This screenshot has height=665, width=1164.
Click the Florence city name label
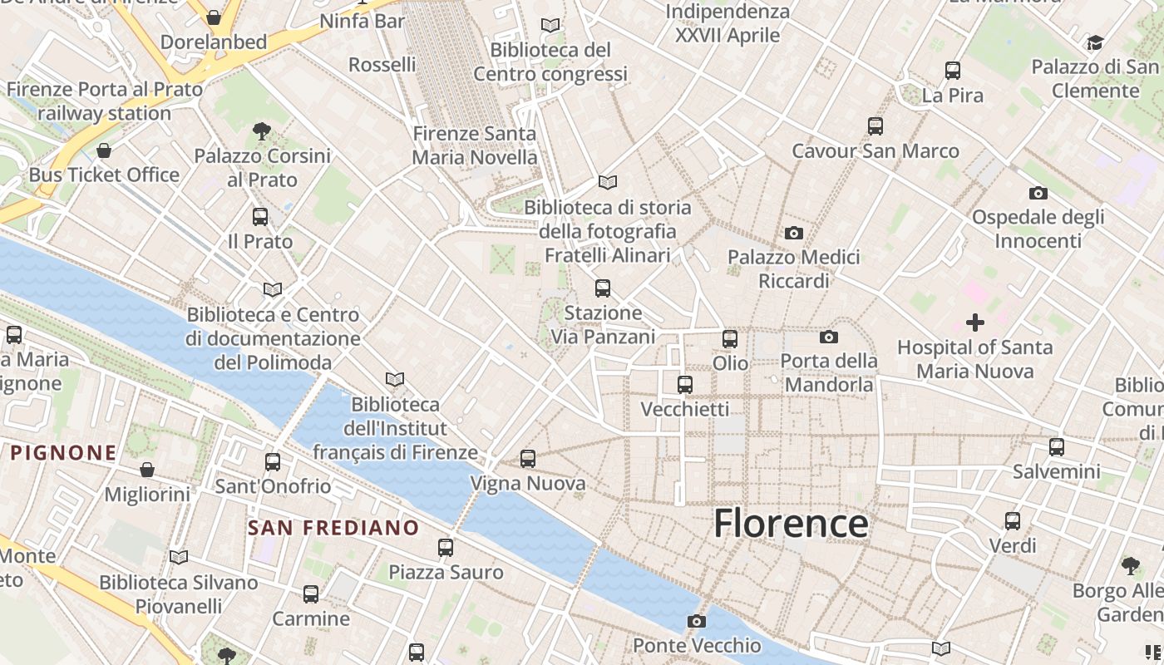click(x=791, y=523)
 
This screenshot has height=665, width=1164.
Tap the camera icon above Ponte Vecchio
click(x=697, y=621)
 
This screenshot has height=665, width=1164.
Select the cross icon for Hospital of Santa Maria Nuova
click(x=975, y=323)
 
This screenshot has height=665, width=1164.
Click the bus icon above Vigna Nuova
click(x=528, y=458)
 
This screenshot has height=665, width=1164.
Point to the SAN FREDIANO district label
click(x=333, y=528)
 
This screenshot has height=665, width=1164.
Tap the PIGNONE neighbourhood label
click(x=64, y=453)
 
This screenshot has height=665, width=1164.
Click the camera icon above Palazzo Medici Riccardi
click(x=794, y=234)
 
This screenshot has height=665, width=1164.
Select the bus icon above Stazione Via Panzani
click(x=603, y=288)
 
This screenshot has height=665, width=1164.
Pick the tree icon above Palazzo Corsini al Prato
click(x=262, y=131)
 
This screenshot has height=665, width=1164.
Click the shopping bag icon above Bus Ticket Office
click(x=104, y=150)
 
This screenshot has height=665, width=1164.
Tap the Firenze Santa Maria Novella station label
click(x=475, y=145)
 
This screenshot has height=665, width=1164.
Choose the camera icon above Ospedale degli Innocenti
click(x=1038, y=194)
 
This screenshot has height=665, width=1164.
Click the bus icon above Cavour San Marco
click(x=875, y=126)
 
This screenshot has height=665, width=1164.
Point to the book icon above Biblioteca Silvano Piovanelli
click(x=179, y=557)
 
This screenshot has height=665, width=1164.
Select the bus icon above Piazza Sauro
click(x=446, y=548)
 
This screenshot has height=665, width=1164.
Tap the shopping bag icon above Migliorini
click(x=147, y=470)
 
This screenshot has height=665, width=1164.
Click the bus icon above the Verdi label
click(x=1013, y=521)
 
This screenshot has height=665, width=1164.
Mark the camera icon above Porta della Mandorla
click(x=829, y=337)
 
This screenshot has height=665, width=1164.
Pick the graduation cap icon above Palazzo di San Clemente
click(x=1095, y=42)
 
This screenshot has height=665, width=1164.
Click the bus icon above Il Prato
click(x=260, y=217)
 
